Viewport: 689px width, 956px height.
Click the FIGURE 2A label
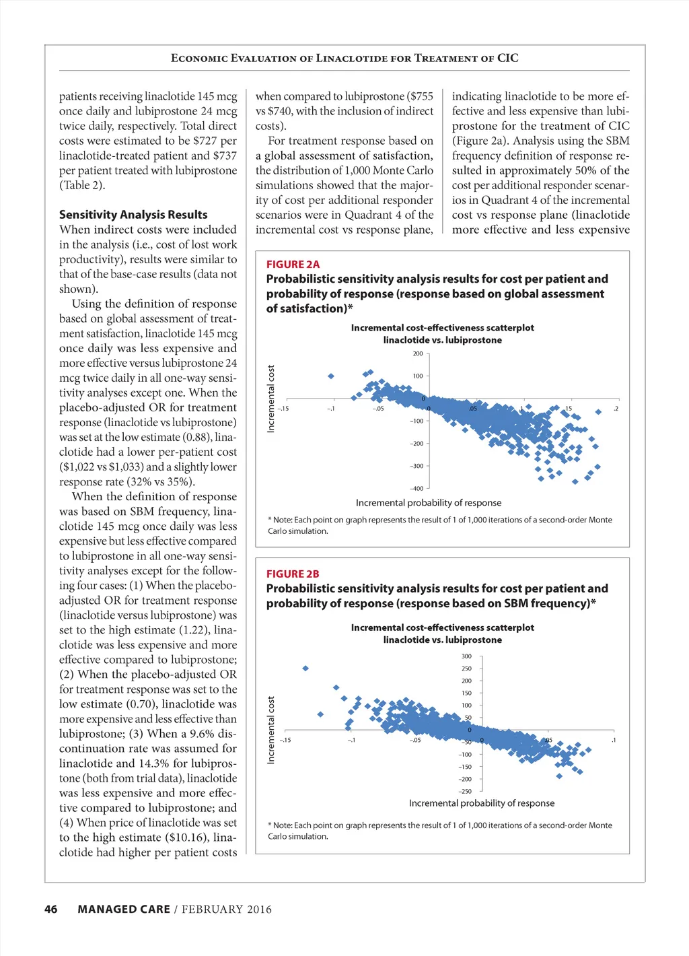293,265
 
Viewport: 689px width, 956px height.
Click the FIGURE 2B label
293,574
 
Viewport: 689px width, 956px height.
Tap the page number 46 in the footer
51,910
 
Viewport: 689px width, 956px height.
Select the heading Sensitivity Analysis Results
133,215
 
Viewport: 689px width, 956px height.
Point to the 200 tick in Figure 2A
418,353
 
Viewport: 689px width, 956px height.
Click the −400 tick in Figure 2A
416,489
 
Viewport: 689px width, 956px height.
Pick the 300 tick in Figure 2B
466,656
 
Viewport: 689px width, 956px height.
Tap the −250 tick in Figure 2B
465,792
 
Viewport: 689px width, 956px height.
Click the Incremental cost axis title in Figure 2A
271,399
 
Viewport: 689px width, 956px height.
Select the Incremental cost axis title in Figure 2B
271,730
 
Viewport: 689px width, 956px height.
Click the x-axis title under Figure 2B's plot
482,803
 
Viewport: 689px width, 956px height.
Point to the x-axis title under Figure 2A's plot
429,503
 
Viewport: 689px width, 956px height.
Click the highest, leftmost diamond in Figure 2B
305,668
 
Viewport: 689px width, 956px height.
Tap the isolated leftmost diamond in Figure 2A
331,376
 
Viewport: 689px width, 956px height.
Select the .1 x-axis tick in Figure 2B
614,741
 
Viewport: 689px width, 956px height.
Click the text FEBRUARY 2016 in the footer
227,910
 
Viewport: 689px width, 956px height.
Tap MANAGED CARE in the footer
124,910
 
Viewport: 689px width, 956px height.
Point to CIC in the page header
508,58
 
